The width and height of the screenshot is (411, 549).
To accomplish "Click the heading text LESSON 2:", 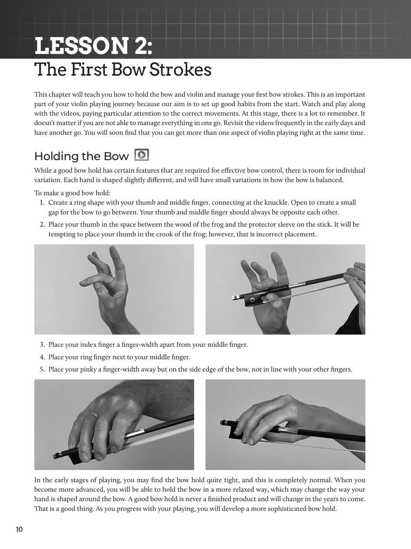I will [94, 46].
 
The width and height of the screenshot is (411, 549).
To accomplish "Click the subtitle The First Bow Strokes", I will [123, 70].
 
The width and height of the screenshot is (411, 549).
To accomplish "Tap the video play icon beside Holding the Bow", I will [142, 155].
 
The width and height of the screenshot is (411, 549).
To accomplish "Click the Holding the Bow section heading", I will [81, 156].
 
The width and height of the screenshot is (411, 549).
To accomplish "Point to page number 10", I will [19, 529].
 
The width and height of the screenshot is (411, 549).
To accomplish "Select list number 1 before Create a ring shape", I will [42, 203].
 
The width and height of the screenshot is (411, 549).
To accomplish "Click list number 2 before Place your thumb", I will [42, 224].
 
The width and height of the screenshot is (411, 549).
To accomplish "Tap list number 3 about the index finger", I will [42, 345].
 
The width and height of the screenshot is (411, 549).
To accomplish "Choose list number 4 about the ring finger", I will [42, 357].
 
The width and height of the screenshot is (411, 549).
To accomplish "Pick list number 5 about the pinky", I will [42, 369].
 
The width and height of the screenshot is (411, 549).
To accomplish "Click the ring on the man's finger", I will [95, 416].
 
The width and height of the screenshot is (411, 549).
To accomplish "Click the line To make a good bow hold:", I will [72, 193].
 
